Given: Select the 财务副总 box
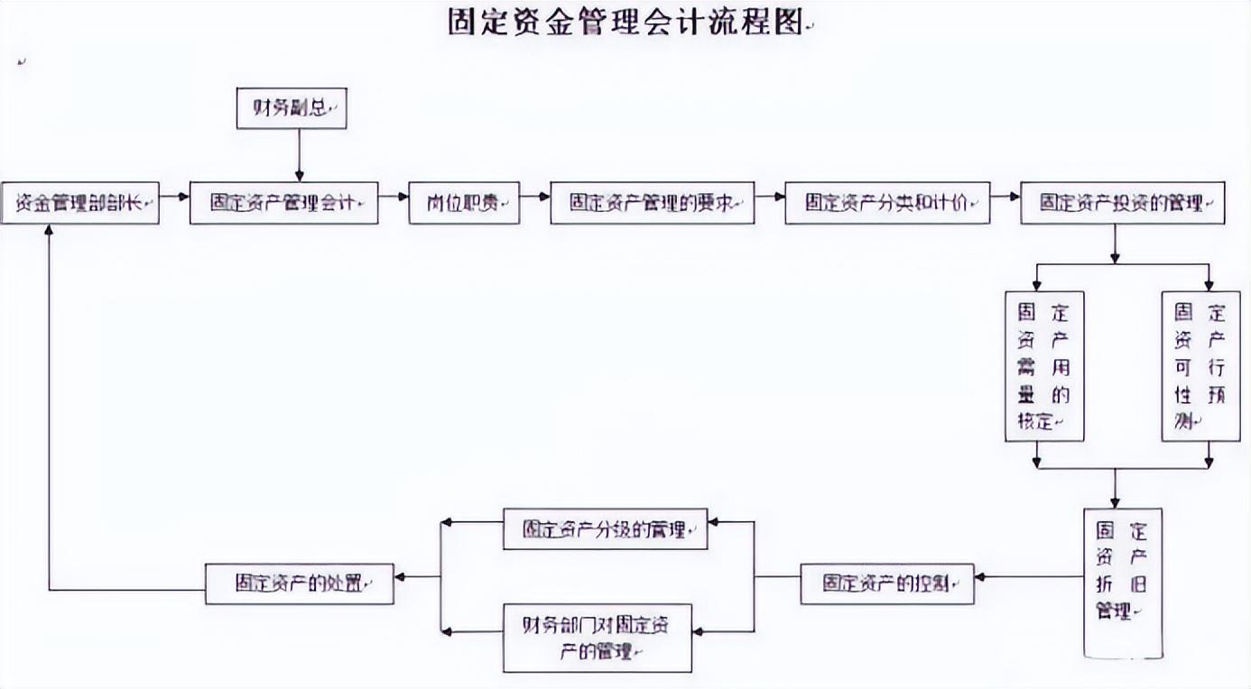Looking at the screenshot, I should pos(291,108).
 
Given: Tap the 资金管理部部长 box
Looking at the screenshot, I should pos(80,203).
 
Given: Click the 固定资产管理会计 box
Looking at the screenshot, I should pos(283,203).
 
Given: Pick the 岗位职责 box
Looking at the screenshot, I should pos(464,203).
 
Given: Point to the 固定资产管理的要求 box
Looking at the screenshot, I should pos(652,203).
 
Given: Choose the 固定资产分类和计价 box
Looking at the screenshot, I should pos(886,203).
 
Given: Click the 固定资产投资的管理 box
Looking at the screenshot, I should pos(1122,203).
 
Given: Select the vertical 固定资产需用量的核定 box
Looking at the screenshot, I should pos(1044,365).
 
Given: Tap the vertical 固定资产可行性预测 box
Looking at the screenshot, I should pos(1200,365).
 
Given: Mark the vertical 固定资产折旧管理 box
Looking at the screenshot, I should pos(1122,582).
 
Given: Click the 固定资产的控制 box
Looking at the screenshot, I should pos(887,583).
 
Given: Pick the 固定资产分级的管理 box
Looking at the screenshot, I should pos(605,529).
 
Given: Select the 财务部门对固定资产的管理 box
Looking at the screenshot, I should pos(598,638).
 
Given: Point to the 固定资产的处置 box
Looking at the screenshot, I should pos(300,583).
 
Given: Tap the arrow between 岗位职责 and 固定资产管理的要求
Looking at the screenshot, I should pos(535,196).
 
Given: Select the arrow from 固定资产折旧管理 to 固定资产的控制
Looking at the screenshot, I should pos(1029,576).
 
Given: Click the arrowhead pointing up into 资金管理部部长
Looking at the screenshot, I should pos(49,231).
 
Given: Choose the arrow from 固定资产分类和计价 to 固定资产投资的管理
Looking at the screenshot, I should pos(1005,196).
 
